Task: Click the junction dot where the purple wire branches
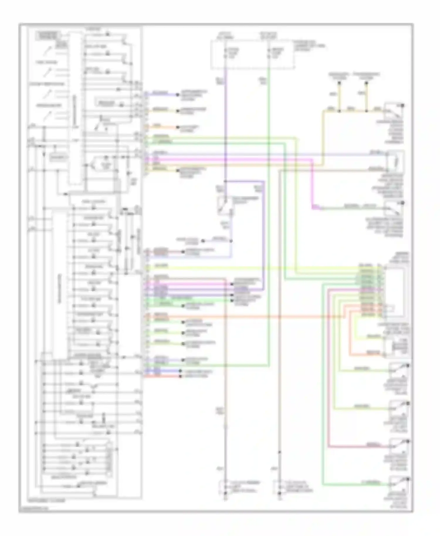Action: tap(225, 181)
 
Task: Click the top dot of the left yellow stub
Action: tap(339, 84)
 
